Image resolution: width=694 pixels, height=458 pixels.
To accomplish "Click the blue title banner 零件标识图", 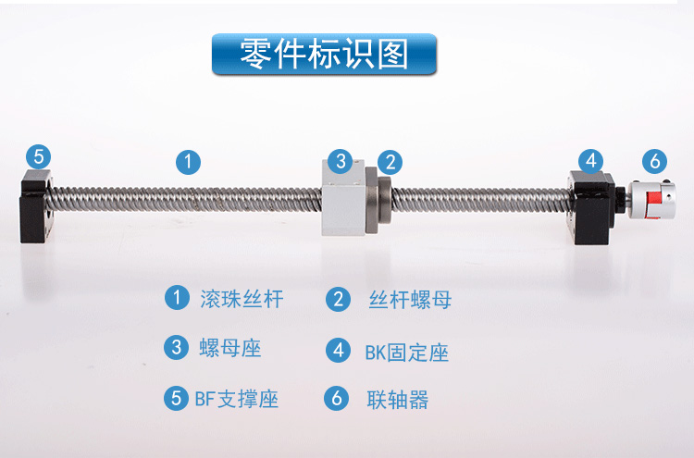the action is tap(325, 54).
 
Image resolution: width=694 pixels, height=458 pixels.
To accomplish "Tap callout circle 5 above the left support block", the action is tap(39, 156).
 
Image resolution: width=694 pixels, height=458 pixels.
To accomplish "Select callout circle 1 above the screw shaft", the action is tap(188, 162).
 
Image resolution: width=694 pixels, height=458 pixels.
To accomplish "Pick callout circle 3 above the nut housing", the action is tap(341, 161).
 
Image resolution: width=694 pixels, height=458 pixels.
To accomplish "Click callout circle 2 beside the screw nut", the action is tap(390, 163).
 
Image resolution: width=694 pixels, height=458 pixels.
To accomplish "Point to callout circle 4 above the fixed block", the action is tap(591, 161).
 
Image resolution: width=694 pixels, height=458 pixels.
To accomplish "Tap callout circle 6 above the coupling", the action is tap(654, 162).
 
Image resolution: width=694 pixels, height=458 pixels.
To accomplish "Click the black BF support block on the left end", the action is tap(36, 206).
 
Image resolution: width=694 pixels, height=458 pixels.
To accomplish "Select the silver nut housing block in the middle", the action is tap(343, 198).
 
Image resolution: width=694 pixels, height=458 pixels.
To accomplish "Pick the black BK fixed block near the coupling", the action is tap(592, 207).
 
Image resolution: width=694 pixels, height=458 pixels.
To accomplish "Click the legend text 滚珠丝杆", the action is tap(242, 299).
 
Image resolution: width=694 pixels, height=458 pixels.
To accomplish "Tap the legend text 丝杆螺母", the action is tap(410, 300).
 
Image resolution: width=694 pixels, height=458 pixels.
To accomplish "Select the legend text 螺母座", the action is tap(230, 348).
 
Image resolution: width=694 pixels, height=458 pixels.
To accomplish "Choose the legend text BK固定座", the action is tap(406, 353).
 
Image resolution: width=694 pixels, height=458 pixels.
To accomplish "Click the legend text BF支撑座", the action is tap(236, 399).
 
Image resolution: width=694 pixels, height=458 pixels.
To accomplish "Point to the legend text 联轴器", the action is tap(398, 400).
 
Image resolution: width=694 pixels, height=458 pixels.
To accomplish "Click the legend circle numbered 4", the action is tap(339, 350).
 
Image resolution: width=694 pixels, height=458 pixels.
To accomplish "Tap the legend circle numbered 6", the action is tap(337, 398).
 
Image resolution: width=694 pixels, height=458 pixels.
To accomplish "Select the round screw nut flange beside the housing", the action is tap(378, 200).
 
